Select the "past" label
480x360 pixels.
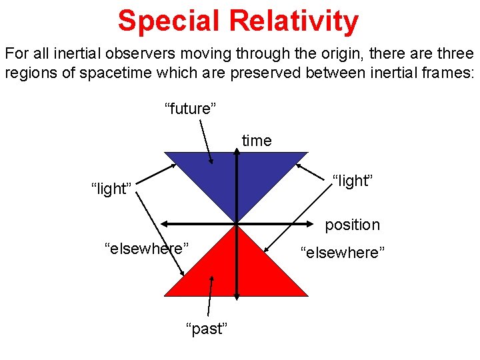click(x=207, y=329)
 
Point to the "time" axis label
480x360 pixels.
click(x=257, y=141)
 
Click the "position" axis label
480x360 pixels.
click(x=352, y=225)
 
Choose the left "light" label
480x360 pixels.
click(x=111, y=189)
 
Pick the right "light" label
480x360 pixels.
click(x=351, y=180)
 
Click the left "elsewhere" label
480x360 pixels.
click(x=146, y=249)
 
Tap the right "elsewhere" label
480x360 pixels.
click(x=343, y=253)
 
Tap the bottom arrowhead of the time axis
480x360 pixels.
click(x=237, y=294)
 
